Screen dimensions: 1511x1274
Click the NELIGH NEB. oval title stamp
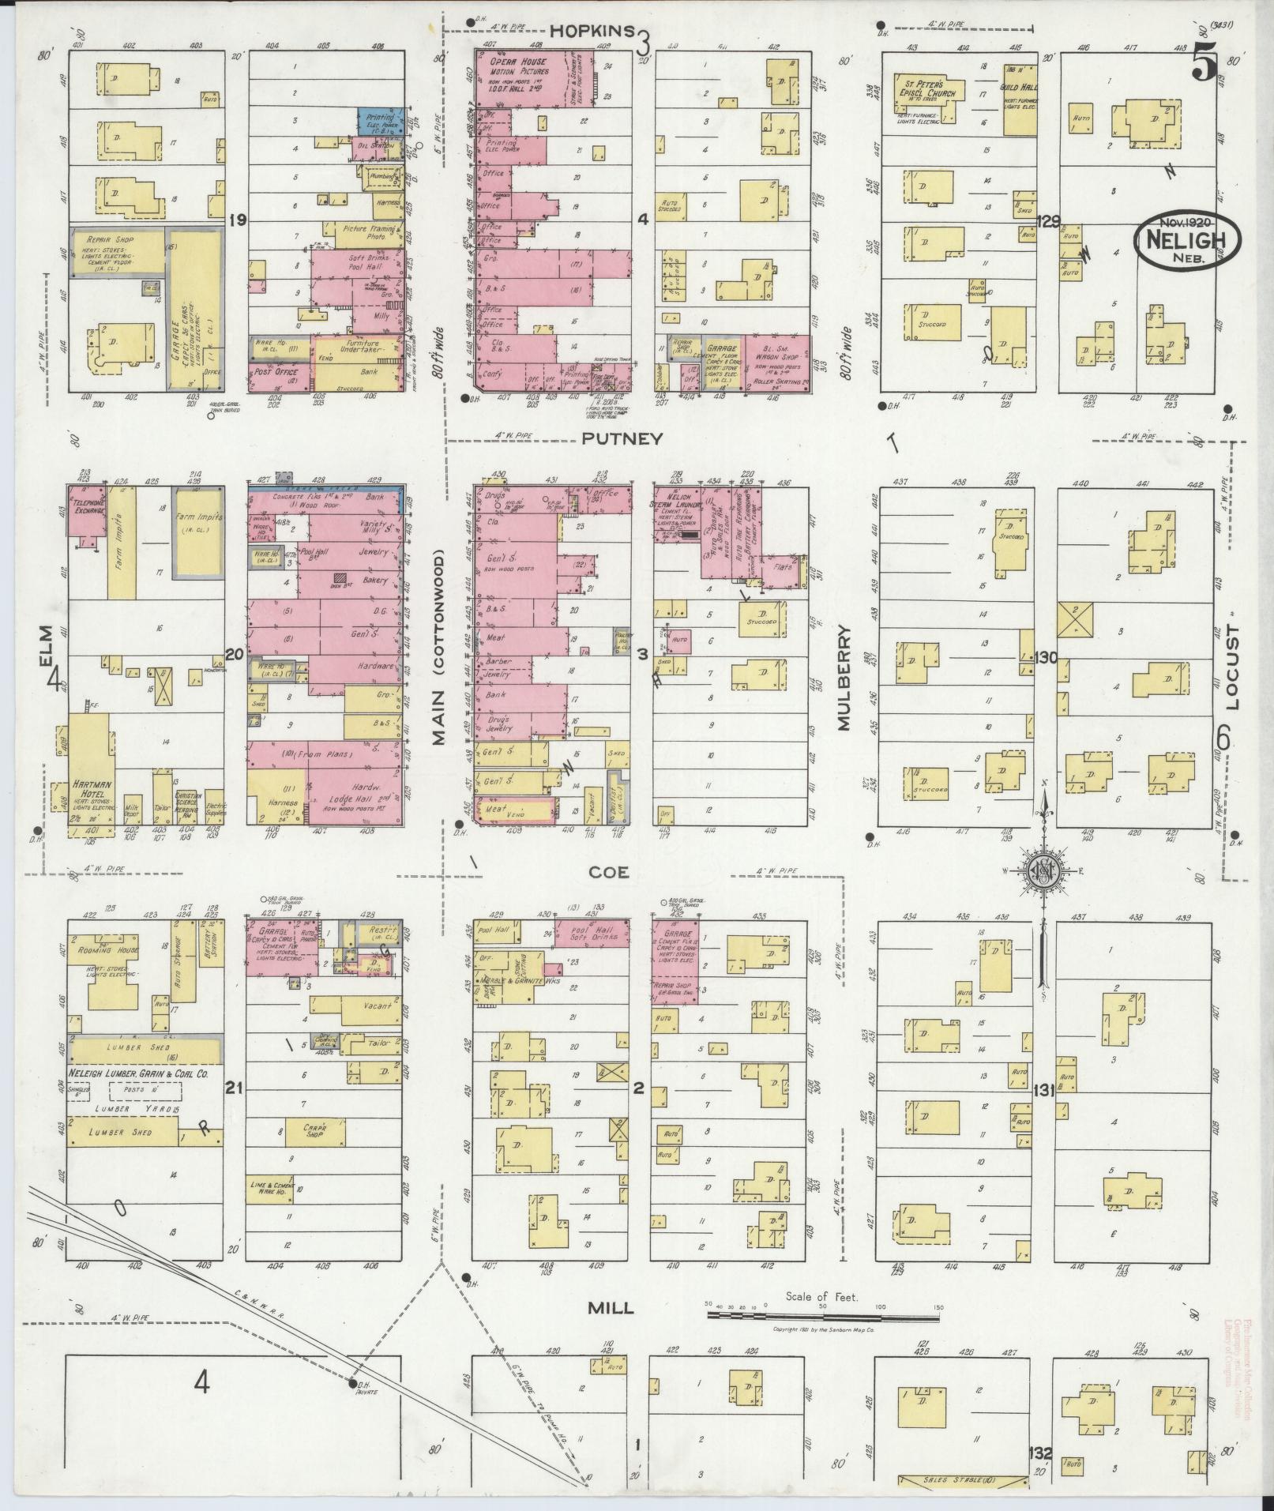[x=1188, y=241]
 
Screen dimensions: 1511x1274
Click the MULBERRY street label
[x=844, y=678]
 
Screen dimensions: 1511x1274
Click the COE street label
[x=608, y=871]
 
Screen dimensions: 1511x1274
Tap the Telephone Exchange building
[x=88, y=509]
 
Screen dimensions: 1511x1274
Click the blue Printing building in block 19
[x=381, y=121]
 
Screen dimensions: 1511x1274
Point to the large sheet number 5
[x=1204, y=62]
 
